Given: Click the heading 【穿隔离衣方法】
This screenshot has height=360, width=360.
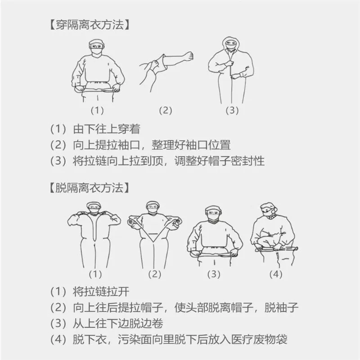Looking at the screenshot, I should tap(90, 25).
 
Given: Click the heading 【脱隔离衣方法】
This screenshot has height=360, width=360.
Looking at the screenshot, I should tap(90, 186).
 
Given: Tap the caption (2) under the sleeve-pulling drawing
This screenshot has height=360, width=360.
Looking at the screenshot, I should tap(166, 110).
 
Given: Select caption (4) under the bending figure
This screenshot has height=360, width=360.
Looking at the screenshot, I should tap(275, 274).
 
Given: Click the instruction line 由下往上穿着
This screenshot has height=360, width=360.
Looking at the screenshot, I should tap(106, 129).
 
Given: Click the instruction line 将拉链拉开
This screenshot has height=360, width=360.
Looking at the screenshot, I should tap(100, 291).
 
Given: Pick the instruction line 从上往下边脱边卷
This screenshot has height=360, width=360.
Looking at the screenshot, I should tap(117, 324).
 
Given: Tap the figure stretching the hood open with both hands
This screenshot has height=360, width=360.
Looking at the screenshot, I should tap(154, 234).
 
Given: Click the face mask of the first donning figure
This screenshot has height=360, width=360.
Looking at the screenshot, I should tap(97, 51).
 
